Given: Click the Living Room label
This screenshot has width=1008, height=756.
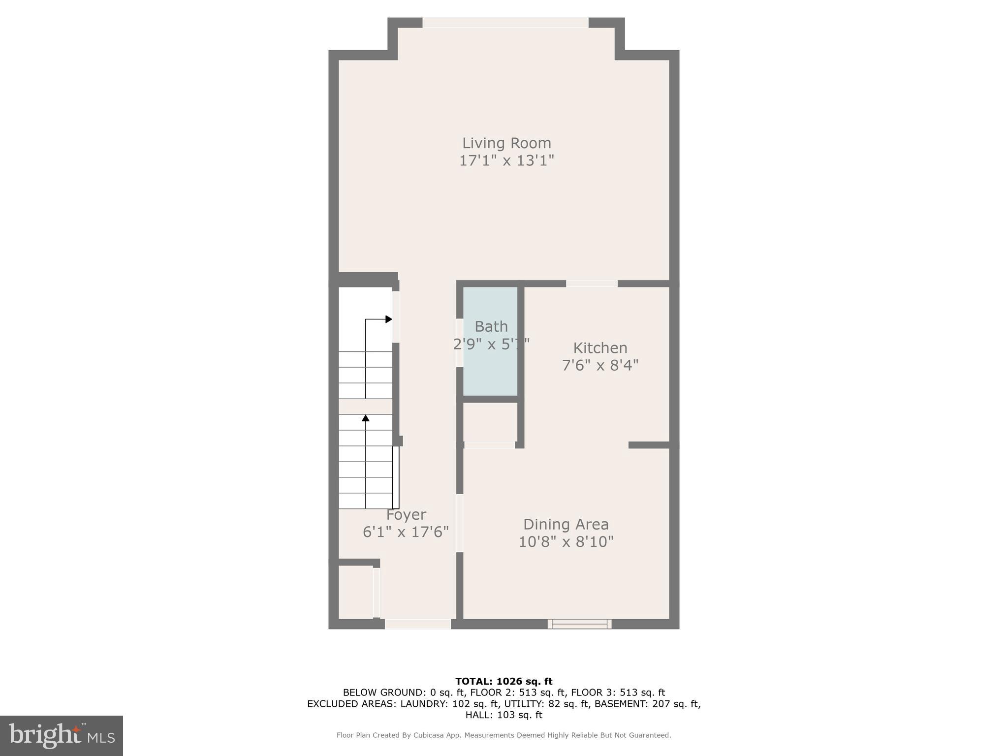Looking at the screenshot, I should click(x=506, y=143).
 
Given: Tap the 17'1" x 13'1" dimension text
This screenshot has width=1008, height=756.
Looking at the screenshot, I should click(x=506, y=161).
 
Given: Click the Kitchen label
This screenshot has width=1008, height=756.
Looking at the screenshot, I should click(x=600, y=348).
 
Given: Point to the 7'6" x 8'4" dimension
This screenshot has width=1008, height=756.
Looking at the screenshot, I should click(x=600, y=365).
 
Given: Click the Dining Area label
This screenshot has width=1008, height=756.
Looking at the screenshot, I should click(x=566, y=524).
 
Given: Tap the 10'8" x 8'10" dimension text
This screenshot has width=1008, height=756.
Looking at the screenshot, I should click(x=566, y=542).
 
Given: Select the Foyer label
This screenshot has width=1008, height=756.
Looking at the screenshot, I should click(x=406, y=515).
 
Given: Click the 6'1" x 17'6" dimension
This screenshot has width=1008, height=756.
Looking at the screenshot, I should click(x=406, y=532).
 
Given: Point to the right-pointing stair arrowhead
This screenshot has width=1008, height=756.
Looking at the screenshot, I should click(x=389, y=319).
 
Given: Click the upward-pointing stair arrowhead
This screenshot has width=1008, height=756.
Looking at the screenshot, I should click(x=366, y=418).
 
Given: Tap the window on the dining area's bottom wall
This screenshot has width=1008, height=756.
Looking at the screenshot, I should click(x=579, y=624).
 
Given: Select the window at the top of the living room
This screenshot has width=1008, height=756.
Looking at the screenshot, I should click(x=505, y=23).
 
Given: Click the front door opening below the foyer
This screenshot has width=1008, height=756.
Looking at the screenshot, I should click(x=417, y=624).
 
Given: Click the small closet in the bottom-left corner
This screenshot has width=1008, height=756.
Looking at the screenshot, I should click(x=355, y=592).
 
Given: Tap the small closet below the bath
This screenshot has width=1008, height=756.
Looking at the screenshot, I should click(x=490, y=422).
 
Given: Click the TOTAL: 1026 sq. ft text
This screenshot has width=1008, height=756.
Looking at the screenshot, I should click(x=504, y=682).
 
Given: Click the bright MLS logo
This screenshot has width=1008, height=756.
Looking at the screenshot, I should click(x=62, y=735).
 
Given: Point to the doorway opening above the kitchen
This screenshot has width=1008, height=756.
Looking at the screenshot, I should click(x=592, y=283).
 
